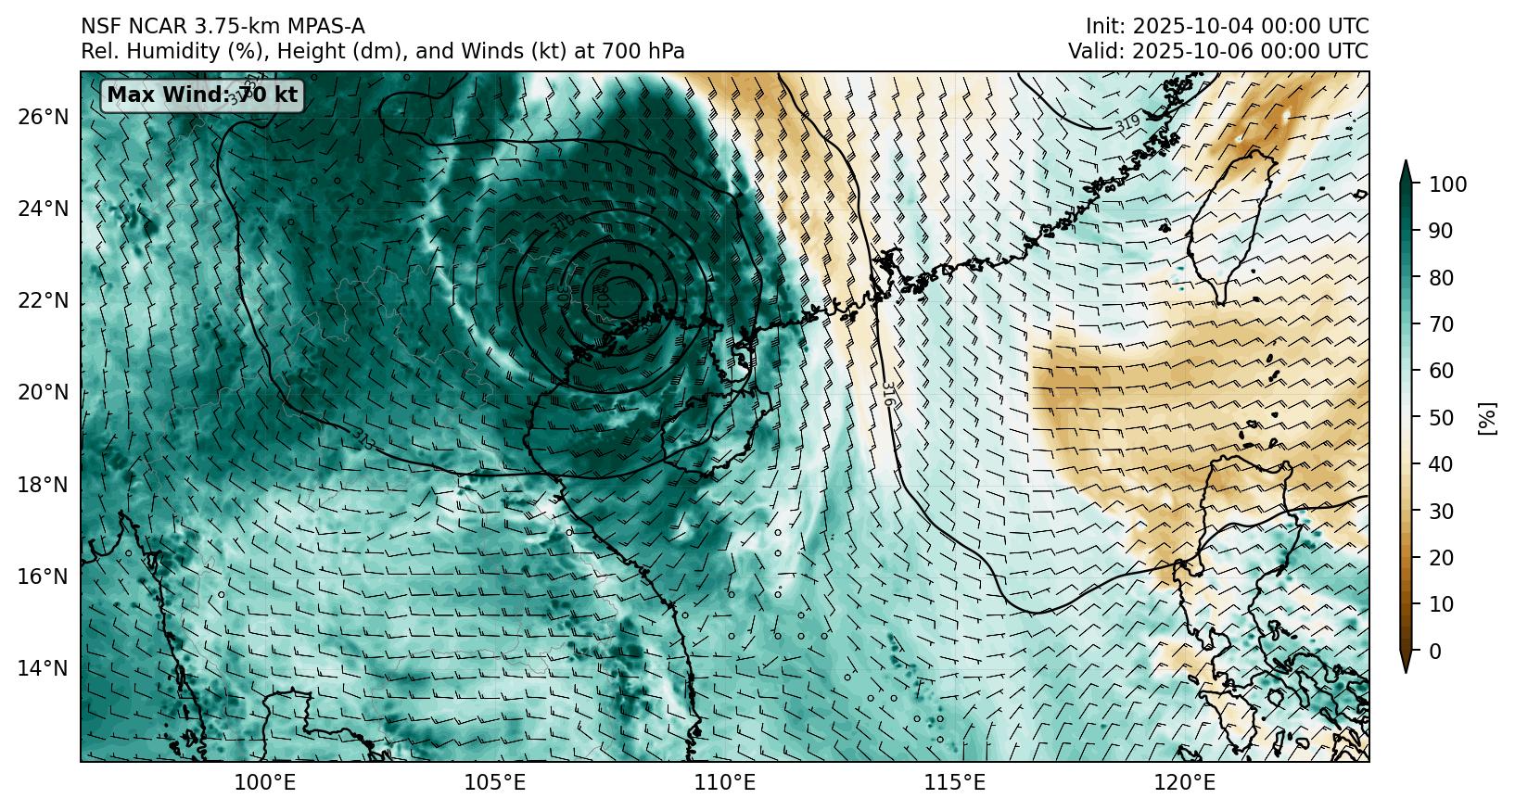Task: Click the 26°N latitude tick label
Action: point(43,117)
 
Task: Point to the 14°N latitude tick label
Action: point(43,668)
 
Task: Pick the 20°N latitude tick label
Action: point(43,393)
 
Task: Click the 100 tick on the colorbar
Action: point(1447,184)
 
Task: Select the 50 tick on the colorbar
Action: point(1442,418)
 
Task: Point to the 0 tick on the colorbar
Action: point(1436,652)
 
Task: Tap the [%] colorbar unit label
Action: point(1487,418)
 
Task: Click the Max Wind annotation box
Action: point(202,95)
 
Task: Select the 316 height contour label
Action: point(887,395)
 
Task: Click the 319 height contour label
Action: point(1127,124)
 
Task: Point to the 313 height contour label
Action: point(363,439)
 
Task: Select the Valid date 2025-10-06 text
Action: point(1204,52)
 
